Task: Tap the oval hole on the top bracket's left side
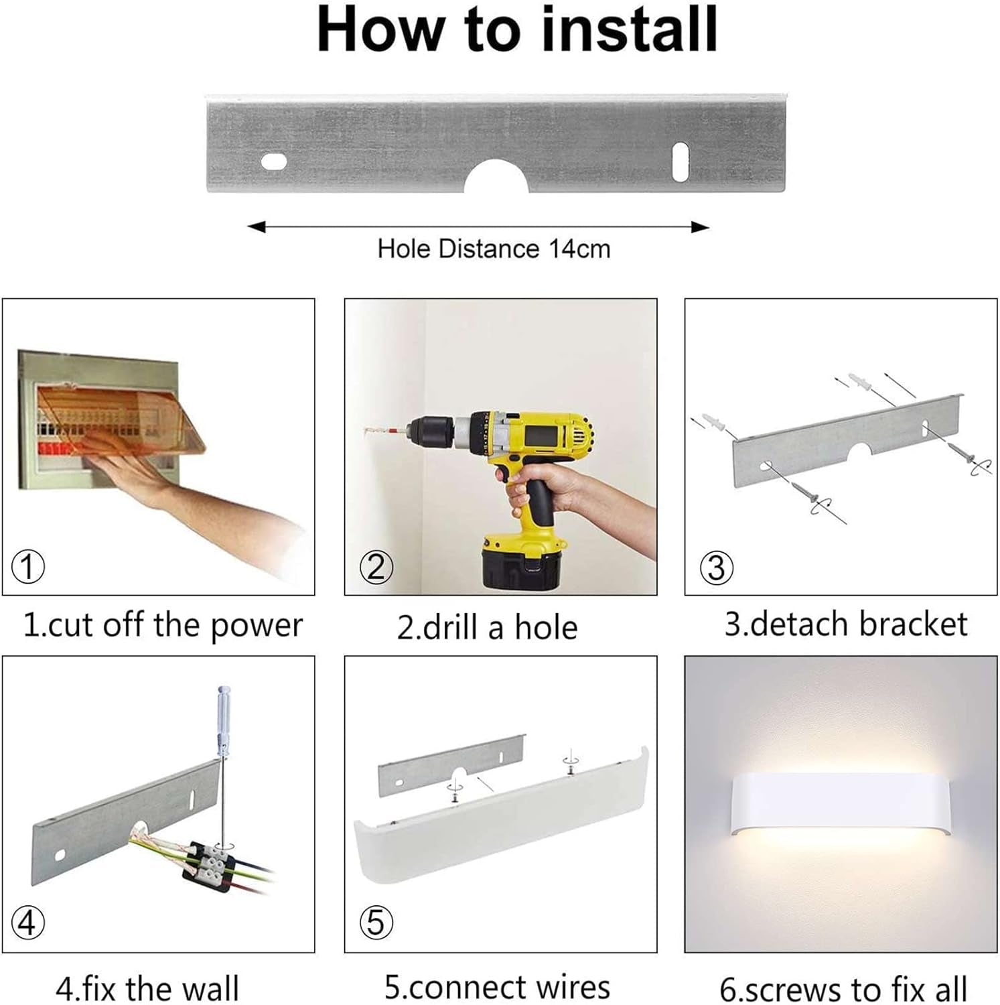[x=274, y=161]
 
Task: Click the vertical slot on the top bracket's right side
[x=681, y=161]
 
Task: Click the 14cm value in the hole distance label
[x=579, y=249]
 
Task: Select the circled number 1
[x=28, y=567]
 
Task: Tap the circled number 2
[x=376, y=567]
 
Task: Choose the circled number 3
[x=716, y=568]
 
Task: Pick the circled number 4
[x=28, y=923]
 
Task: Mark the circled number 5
[x=376, y=923]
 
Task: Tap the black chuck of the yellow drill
[x=432, y=432]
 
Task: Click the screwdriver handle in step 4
[x=224, y=720]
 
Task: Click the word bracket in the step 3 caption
[x=913, y=624]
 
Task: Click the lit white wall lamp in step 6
[x=841, y=806]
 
